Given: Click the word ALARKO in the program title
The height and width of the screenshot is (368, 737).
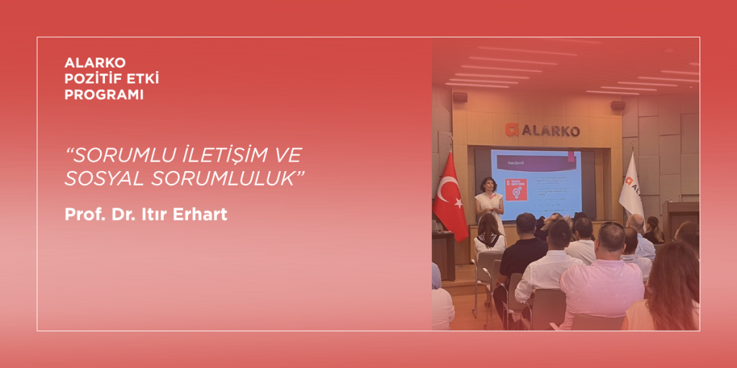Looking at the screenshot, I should click(x=95, y=63).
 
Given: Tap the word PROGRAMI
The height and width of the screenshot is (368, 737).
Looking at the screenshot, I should click(x=104, y=95).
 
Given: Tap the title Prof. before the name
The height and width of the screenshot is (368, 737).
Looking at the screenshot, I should click(x=82, y=214).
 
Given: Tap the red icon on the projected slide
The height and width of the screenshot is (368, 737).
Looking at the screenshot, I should click(x=515, y=189).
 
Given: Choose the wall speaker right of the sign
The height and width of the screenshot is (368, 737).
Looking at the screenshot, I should click(x=618, y=105).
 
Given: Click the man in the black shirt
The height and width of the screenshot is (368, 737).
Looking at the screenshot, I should click(x=523, y=252).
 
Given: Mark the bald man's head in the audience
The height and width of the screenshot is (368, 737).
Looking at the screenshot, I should click(x=610, y=237).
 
